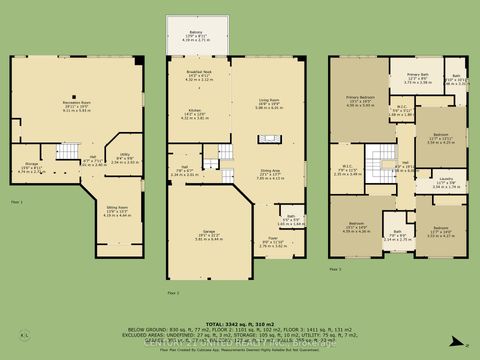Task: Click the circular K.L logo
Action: click(23, 335)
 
